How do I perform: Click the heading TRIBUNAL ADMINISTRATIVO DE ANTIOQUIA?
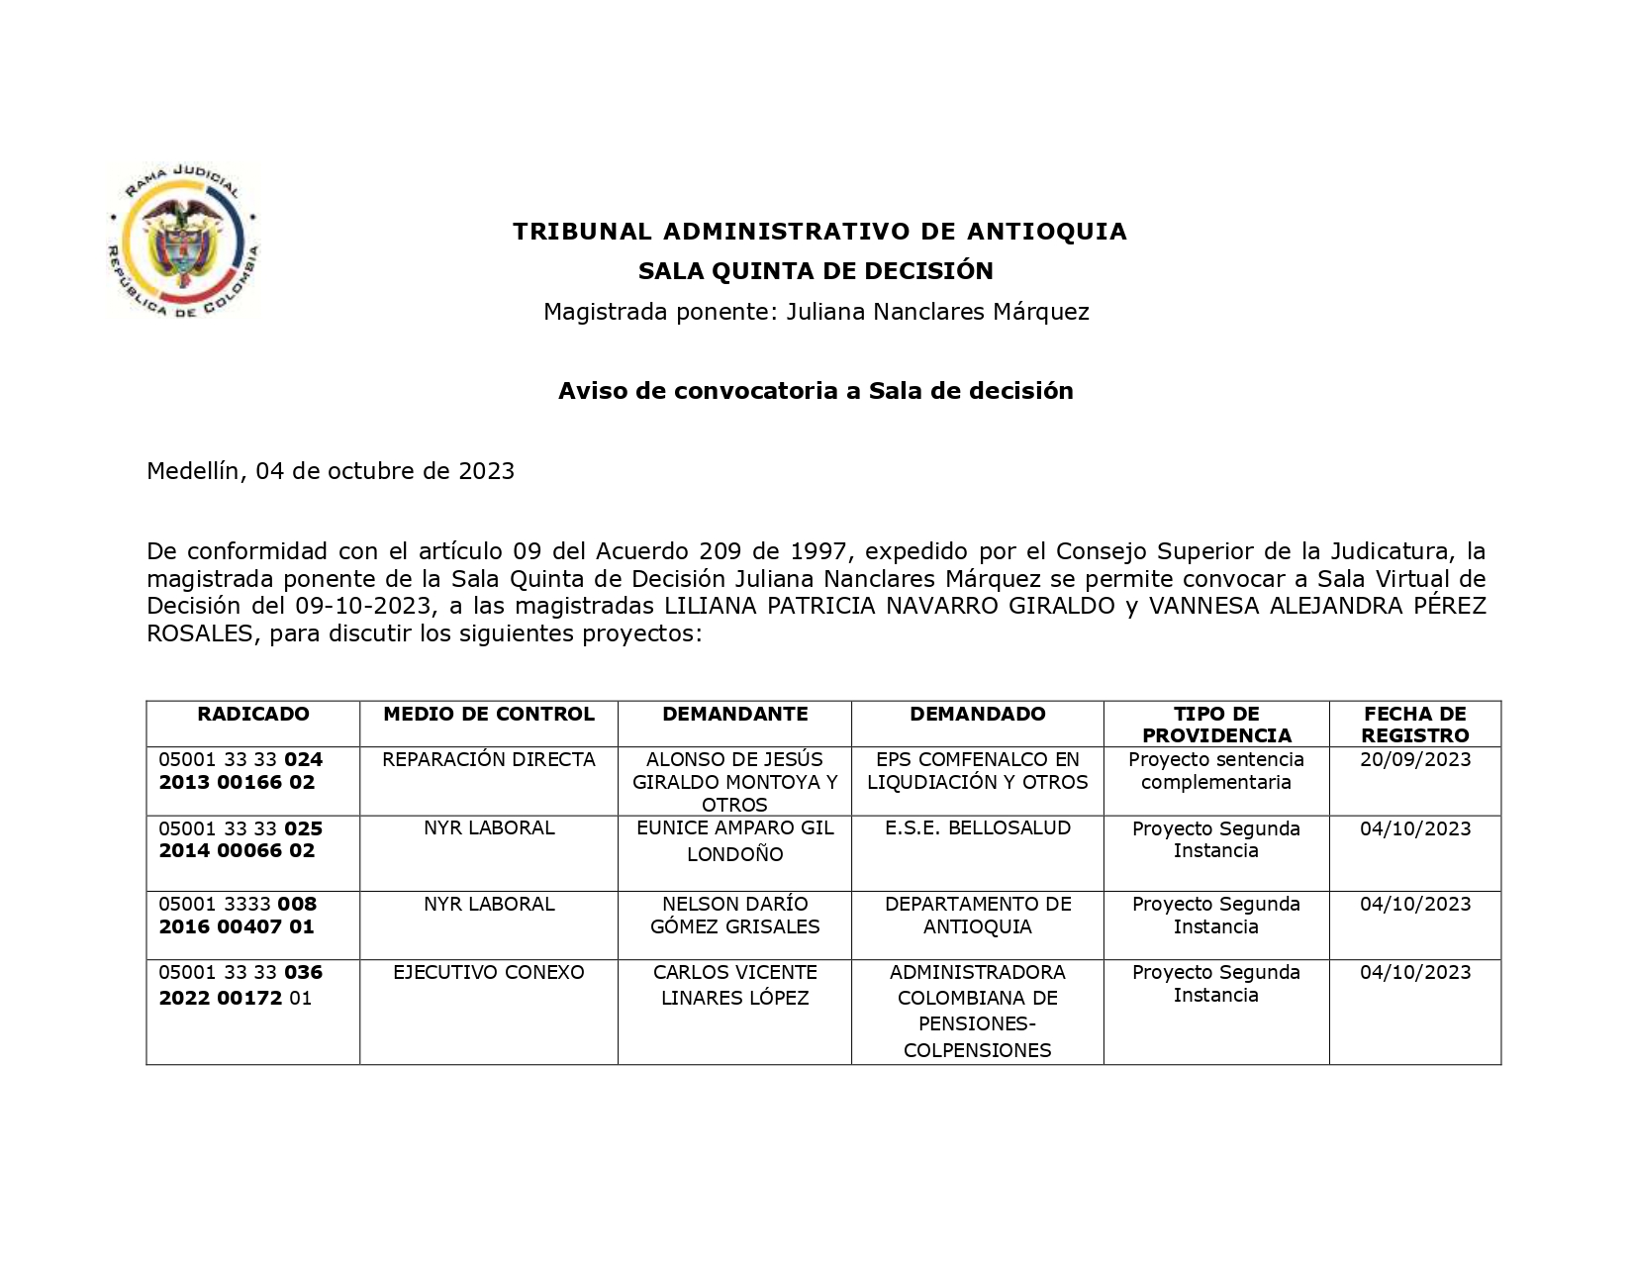pos(819,232)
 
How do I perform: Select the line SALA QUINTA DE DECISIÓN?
pos(816,271)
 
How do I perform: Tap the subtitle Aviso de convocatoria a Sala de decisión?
pos(816,391)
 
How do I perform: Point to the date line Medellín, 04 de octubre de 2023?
pos(331,471)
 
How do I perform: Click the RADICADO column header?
pos(253,715)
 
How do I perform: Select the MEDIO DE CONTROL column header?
pos(489,715)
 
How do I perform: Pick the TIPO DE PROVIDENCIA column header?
pos(1216,725)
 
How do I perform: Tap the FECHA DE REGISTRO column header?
pos(1414,725)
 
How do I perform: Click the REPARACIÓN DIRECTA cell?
pos(489,760)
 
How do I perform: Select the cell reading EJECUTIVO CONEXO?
pos(489,973)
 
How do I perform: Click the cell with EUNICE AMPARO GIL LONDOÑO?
pos(734,841)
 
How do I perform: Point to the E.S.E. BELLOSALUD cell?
pos(978,828)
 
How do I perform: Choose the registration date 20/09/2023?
pos(1415,760)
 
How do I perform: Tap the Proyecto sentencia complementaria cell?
pos(1216,771)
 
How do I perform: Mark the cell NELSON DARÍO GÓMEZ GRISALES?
pos(734,916)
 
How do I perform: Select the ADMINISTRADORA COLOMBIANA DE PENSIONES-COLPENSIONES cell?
pos(978,1012)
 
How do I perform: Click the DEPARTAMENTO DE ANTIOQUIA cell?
pos(978,916)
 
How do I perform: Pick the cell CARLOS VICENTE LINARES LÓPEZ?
pos(734,986)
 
